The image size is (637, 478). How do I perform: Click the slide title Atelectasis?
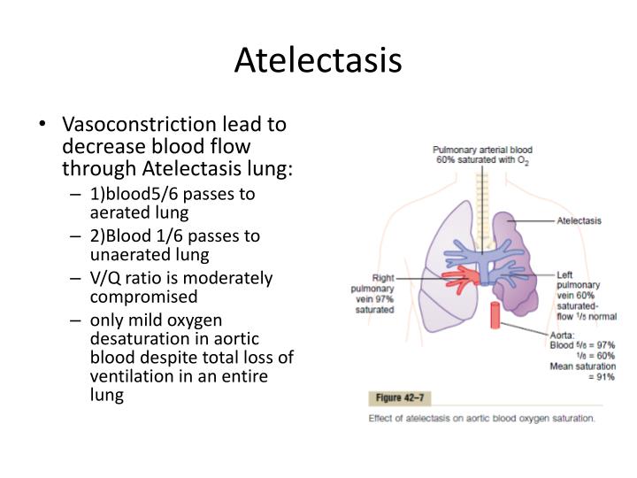(318, 59)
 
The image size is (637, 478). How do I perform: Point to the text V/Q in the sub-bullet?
(105, 277)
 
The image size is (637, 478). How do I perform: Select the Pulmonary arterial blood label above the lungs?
(482, 150)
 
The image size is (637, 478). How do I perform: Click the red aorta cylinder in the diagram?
(495, 317)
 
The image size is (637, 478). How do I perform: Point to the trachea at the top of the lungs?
(482, 190)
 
